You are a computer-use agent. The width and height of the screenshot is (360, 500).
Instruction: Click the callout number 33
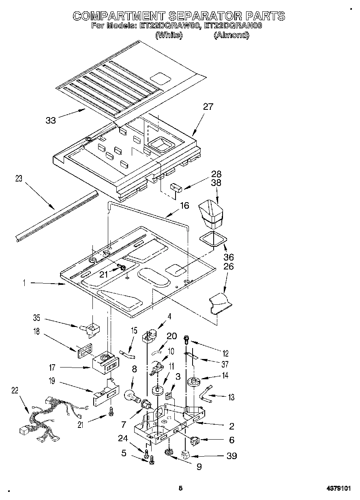(x=51, y=120)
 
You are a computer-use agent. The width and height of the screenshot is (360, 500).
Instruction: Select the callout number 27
(x=208, y=107)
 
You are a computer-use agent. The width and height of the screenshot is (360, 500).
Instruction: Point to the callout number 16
(x=184, y=205)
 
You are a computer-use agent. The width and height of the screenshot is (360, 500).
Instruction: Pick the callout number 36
(x=229, y=257)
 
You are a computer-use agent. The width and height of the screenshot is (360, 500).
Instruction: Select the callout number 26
(x=229, y=267)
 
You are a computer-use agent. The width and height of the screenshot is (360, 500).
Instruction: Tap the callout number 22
(x=15, y=391)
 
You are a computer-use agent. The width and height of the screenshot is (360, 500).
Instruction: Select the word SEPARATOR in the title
(x=204, y=16)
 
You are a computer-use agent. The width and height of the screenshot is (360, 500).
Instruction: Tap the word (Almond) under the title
(x=231, y=35)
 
